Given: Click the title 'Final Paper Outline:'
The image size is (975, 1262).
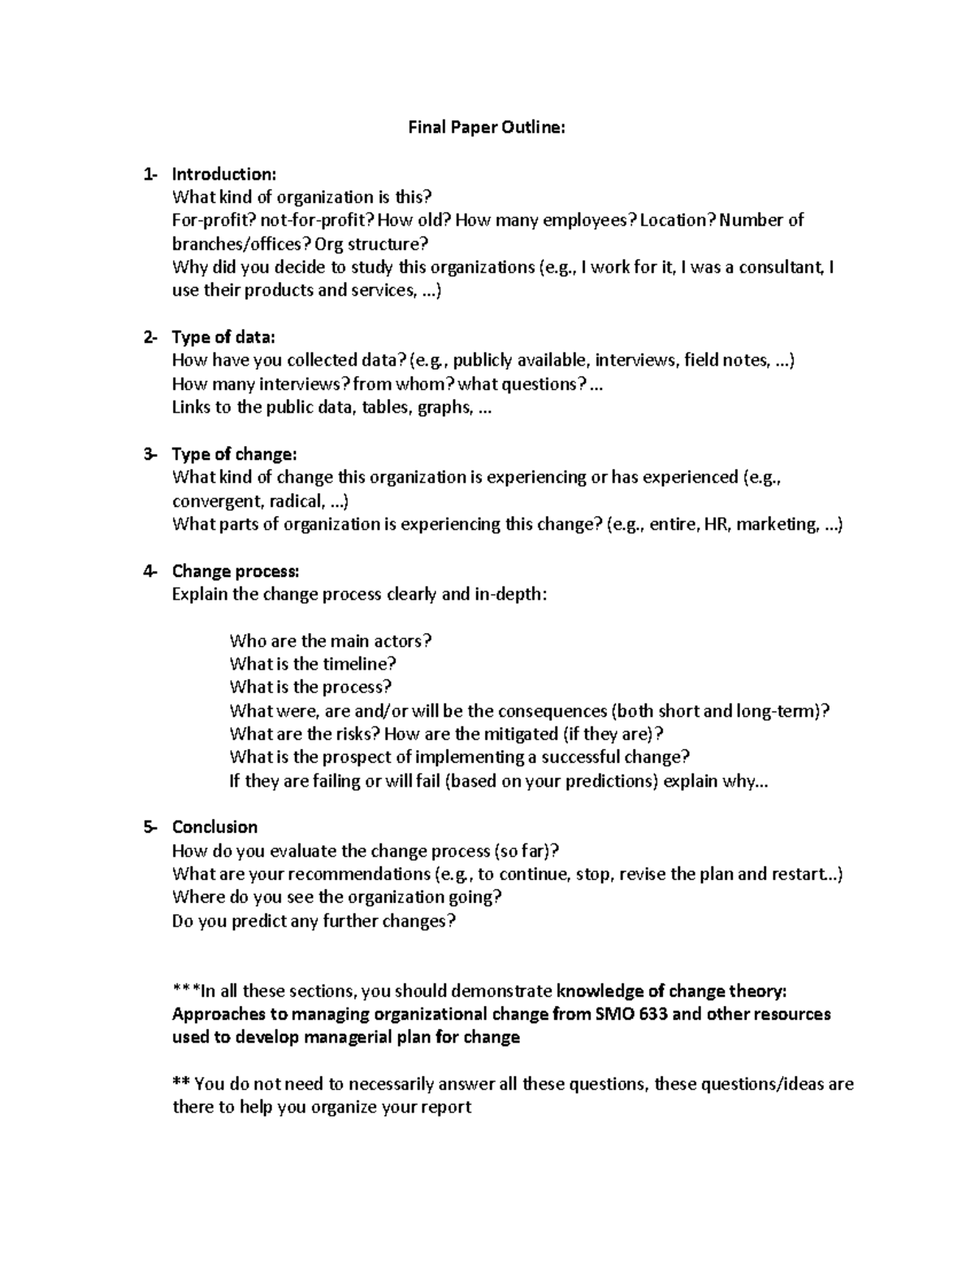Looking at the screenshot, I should click(486, 128).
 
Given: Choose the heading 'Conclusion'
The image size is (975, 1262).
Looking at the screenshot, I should click(214, 827).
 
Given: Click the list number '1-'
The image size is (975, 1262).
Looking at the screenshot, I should click(150, 174).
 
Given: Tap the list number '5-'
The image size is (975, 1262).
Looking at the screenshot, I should click(150, 827).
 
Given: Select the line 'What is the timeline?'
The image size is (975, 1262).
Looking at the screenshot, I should click(313, 664).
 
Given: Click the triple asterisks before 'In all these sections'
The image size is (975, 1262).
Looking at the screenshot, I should click(185, 991).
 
